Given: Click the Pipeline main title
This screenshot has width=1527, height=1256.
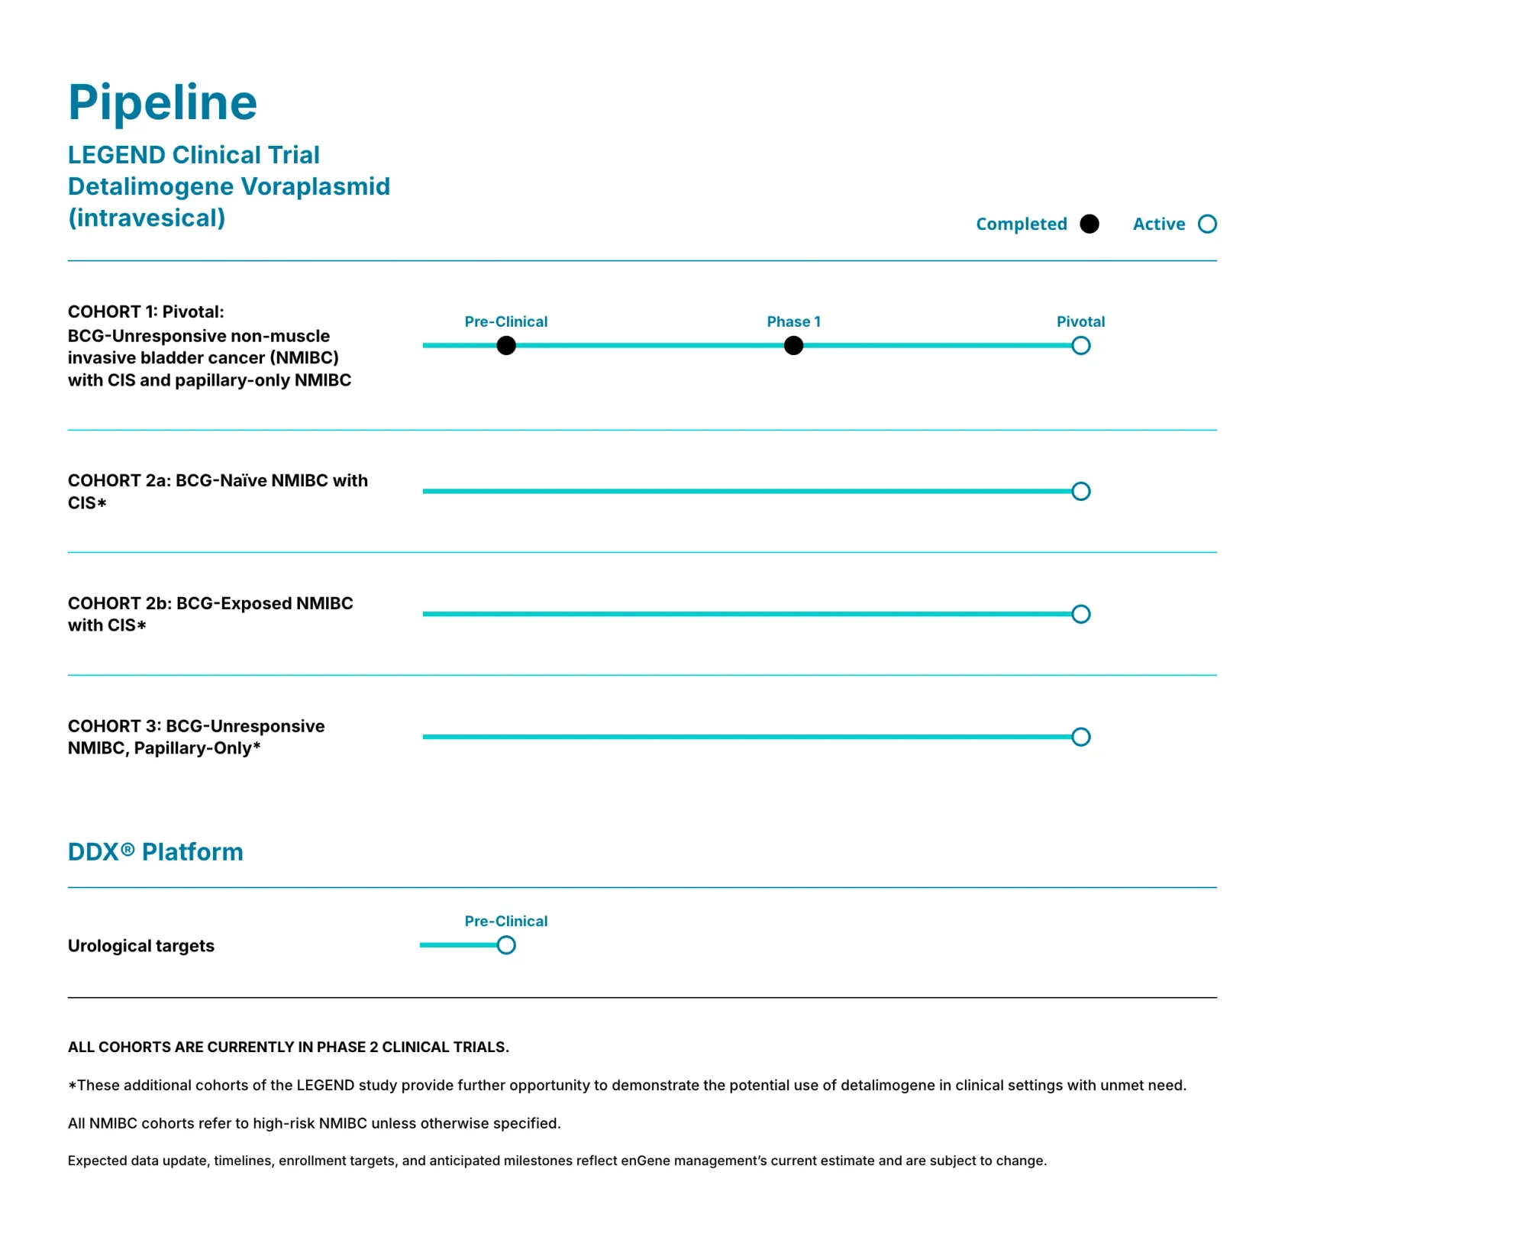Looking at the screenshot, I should click(x=163, y=103).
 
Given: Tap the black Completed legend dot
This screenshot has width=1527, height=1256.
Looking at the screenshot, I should click(x=1090, y=224).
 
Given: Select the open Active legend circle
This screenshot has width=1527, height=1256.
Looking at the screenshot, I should click(x=1207, y=224).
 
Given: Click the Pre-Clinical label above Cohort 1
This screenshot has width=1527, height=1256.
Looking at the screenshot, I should click(x=505, y=321).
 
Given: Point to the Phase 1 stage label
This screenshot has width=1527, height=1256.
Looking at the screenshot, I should click(x=793, y=321).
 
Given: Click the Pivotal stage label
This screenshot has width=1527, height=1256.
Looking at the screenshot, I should click(x=1080, y=321).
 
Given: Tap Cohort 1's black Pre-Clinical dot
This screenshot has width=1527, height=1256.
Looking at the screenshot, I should click(x=506, y=346).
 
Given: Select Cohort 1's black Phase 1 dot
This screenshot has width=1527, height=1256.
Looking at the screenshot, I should click(x=794, y=346).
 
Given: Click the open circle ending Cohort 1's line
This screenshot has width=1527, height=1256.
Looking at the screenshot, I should click(x=1080, y=346).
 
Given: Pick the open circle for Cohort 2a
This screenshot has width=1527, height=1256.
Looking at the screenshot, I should click(x=1080, y=491).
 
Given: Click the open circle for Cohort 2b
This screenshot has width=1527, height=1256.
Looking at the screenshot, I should click(x=1080, y=614).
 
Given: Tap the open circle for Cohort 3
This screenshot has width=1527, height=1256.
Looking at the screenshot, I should click(x=1080, y=737).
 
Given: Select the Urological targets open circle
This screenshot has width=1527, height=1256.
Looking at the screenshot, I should click(x=506, y=945).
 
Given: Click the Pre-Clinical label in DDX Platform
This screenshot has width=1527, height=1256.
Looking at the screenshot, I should click(x=505, y=921).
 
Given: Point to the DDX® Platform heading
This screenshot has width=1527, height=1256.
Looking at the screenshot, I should click(x=156, y=851).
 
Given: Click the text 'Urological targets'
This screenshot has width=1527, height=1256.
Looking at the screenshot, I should click(x=141, y=946).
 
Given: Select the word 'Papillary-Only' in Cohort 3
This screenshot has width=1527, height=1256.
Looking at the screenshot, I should click(x=192, y=748).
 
